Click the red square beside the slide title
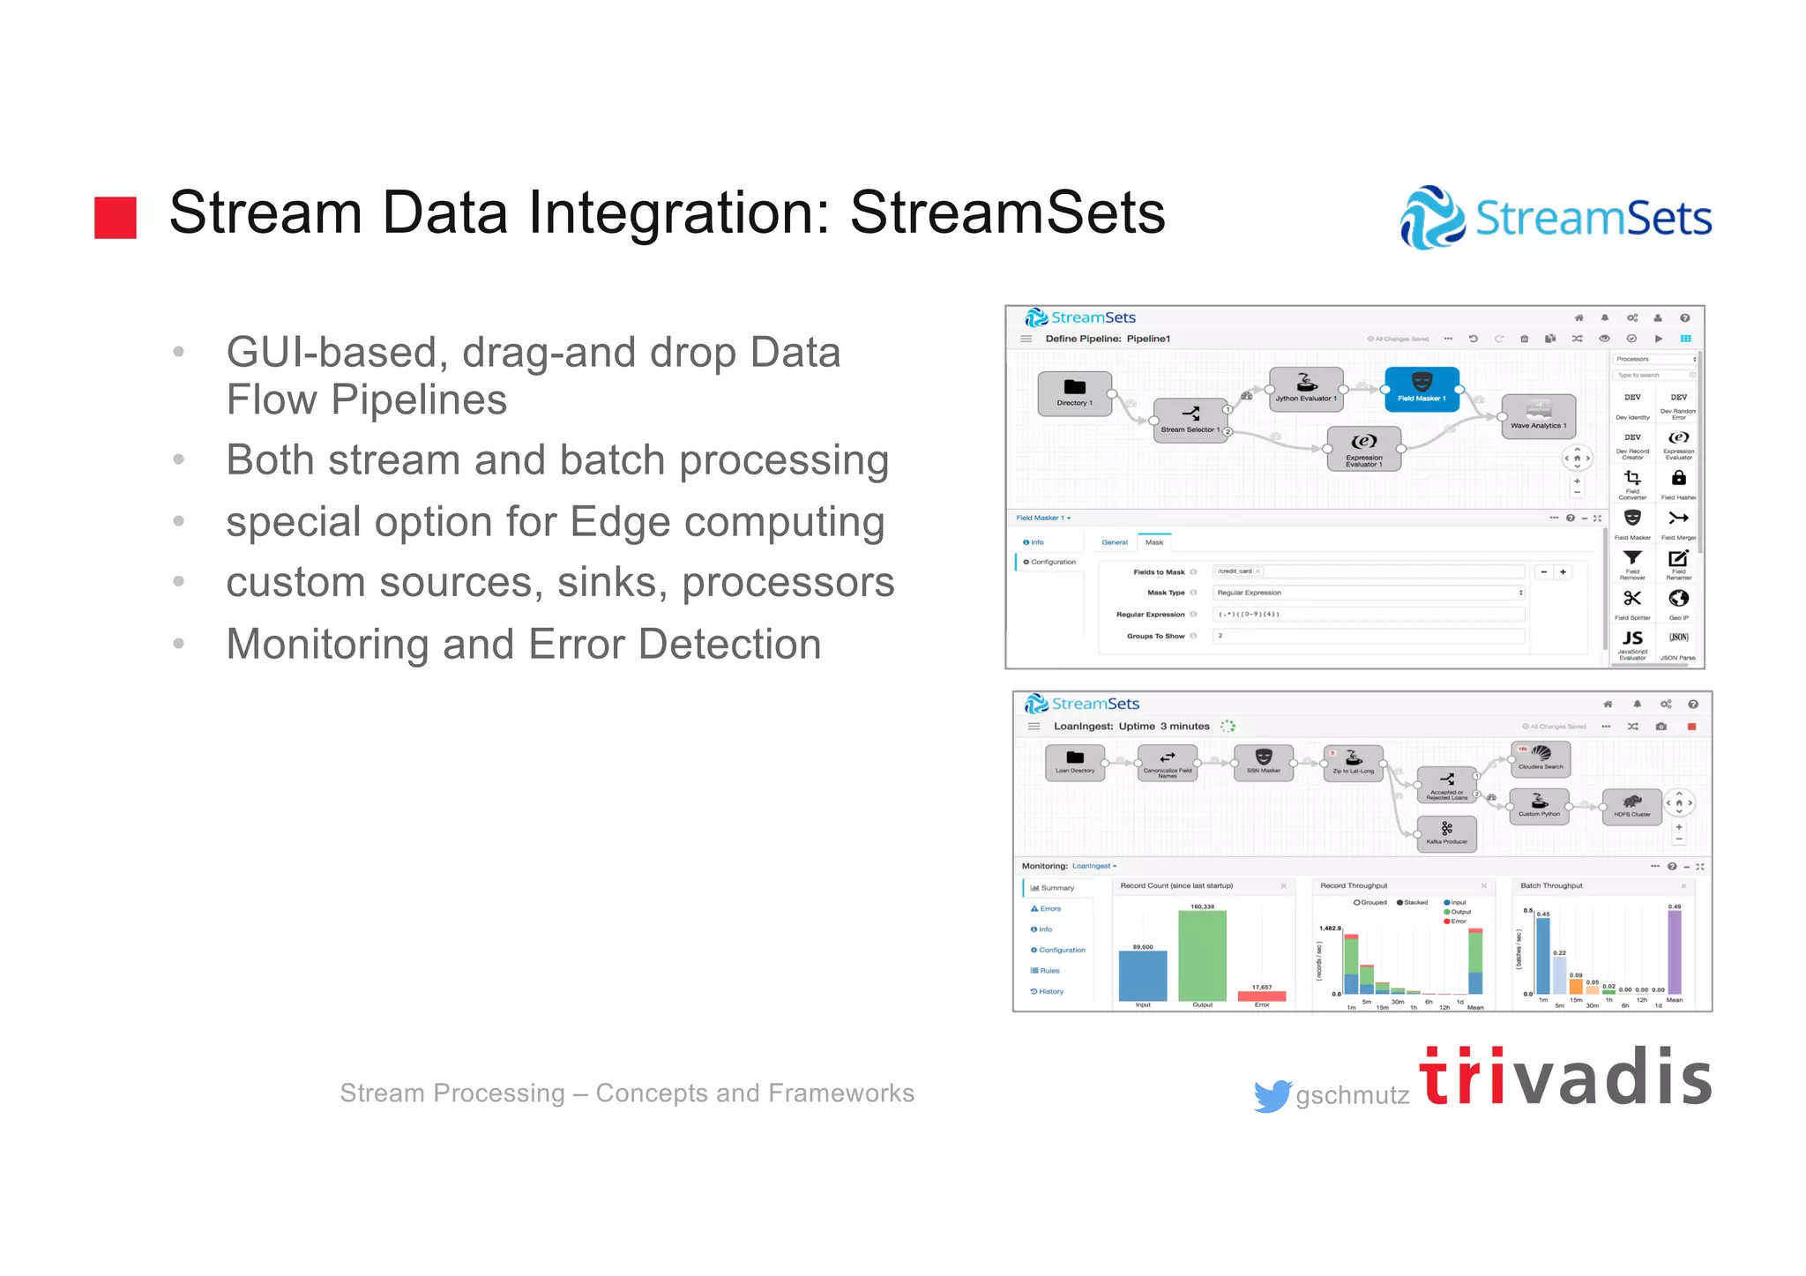click(x=116, y=218)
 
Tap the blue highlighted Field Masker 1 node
click(x=1422, y=389)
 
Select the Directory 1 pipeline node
click(x=1074, y=393)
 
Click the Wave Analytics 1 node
click(x=1538, y=416)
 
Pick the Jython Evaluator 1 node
click(x=1306, y=388)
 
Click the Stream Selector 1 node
click(x=1190, y=420)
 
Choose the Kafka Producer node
click(x=1446, y=833)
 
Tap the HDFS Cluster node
click(x=1631, y=806)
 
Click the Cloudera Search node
click(x=1541, y=757)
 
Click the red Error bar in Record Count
click(x=1261, y=996)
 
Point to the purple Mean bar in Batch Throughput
click(x=1674, y=952)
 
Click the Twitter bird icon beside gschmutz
click(x=1272, y=1096)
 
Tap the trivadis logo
click(x=1565, y=1077)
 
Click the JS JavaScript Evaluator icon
click(x=1632, y=639)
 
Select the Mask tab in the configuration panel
click(x=1153, y=542)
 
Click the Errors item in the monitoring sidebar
click(x=1049, y=908)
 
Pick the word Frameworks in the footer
click(x=840, y=1093)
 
